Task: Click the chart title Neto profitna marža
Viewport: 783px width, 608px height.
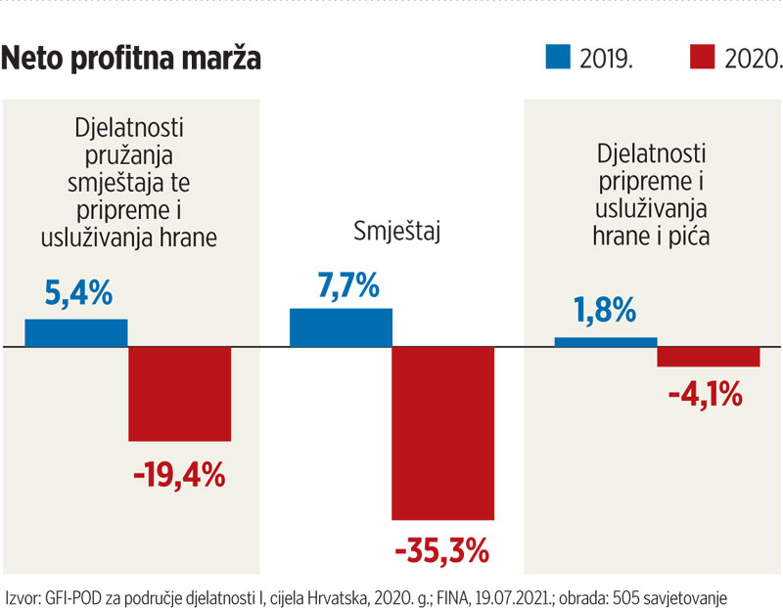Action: [x=131, y=59]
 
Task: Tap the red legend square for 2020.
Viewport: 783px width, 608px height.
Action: [x=703, y=57]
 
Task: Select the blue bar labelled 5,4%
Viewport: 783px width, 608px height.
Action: [x=76, y=333]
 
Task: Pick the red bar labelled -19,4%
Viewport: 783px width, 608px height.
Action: [x=180, y=394]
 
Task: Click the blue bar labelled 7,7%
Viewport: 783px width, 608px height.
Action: [x=341, y=327]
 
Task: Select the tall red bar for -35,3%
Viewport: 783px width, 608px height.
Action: [x=442, y=434]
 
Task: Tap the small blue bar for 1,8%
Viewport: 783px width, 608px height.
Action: [x=606, y=342]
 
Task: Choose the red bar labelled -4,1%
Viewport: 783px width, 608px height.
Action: [x=709, y=357]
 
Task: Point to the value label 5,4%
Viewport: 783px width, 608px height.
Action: [x=78, y=293]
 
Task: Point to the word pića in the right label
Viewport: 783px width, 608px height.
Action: [x=688, y=235]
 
